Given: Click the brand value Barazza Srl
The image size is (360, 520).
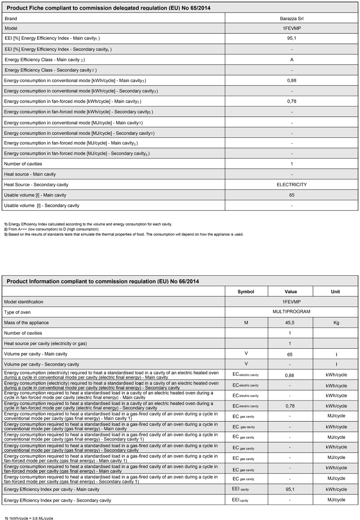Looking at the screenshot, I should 291,18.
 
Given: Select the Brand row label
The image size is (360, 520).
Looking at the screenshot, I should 12,18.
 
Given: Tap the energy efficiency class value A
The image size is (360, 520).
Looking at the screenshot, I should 292,60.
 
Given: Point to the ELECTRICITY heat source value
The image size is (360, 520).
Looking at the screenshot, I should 291,185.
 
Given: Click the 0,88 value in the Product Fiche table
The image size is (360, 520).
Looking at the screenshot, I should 292,81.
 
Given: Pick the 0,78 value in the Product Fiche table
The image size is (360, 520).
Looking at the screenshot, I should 292,101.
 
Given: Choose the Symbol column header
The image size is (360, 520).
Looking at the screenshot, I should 246,292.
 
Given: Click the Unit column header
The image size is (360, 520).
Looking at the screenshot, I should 336,292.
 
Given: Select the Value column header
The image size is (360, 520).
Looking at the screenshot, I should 290,292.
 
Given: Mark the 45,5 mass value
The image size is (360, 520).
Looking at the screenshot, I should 290,323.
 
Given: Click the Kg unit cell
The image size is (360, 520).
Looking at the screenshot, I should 336,323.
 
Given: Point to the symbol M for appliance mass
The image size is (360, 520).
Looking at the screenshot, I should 246,323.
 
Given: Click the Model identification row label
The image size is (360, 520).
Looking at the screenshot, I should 30,302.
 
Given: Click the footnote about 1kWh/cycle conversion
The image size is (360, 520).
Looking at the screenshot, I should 29,518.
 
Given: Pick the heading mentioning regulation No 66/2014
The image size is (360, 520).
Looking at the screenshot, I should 103,281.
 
